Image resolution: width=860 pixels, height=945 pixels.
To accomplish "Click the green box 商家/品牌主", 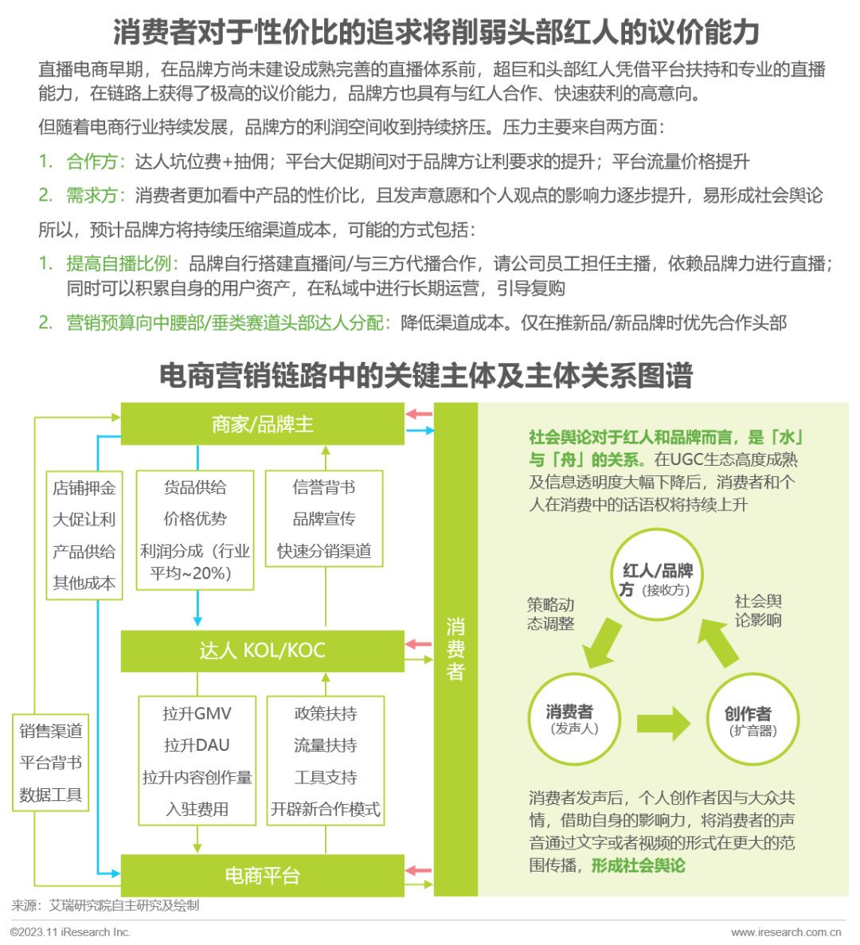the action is click(262, 424).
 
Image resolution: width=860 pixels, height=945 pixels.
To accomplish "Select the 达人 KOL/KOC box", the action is click(262, 651).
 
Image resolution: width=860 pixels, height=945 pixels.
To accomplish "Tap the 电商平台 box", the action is click(262, 875).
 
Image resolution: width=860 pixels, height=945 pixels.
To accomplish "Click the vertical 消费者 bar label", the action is click(455, 649).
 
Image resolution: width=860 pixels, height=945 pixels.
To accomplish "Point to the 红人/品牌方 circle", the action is click(658, 574).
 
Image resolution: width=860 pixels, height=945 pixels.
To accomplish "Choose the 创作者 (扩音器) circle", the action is click(752, 719).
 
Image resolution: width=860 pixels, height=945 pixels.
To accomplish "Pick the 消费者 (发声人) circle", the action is click(573, 719).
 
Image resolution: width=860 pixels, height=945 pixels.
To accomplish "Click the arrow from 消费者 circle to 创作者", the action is click(663, 723).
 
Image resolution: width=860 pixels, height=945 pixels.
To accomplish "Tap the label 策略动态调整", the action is click(550, 614).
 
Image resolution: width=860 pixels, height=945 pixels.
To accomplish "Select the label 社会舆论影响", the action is click(757, 611).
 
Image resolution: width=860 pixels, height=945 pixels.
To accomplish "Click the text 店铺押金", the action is click(84, 487).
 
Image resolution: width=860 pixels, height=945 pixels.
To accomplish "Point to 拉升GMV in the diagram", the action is click(197, 713).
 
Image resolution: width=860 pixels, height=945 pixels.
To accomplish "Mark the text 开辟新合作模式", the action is click(326, 809).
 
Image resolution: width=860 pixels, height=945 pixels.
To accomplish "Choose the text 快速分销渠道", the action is click(324, 551).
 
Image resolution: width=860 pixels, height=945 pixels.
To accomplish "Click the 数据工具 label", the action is click(51, 795).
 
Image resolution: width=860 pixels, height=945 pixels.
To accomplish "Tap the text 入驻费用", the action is click(197, 809).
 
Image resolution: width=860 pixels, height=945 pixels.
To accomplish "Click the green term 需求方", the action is click(92, 195).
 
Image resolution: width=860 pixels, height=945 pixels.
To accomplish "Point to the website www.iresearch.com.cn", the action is click(786, 932).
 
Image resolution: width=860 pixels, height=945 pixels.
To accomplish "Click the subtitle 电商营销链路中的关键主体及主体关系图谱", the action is click(426, 376).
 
